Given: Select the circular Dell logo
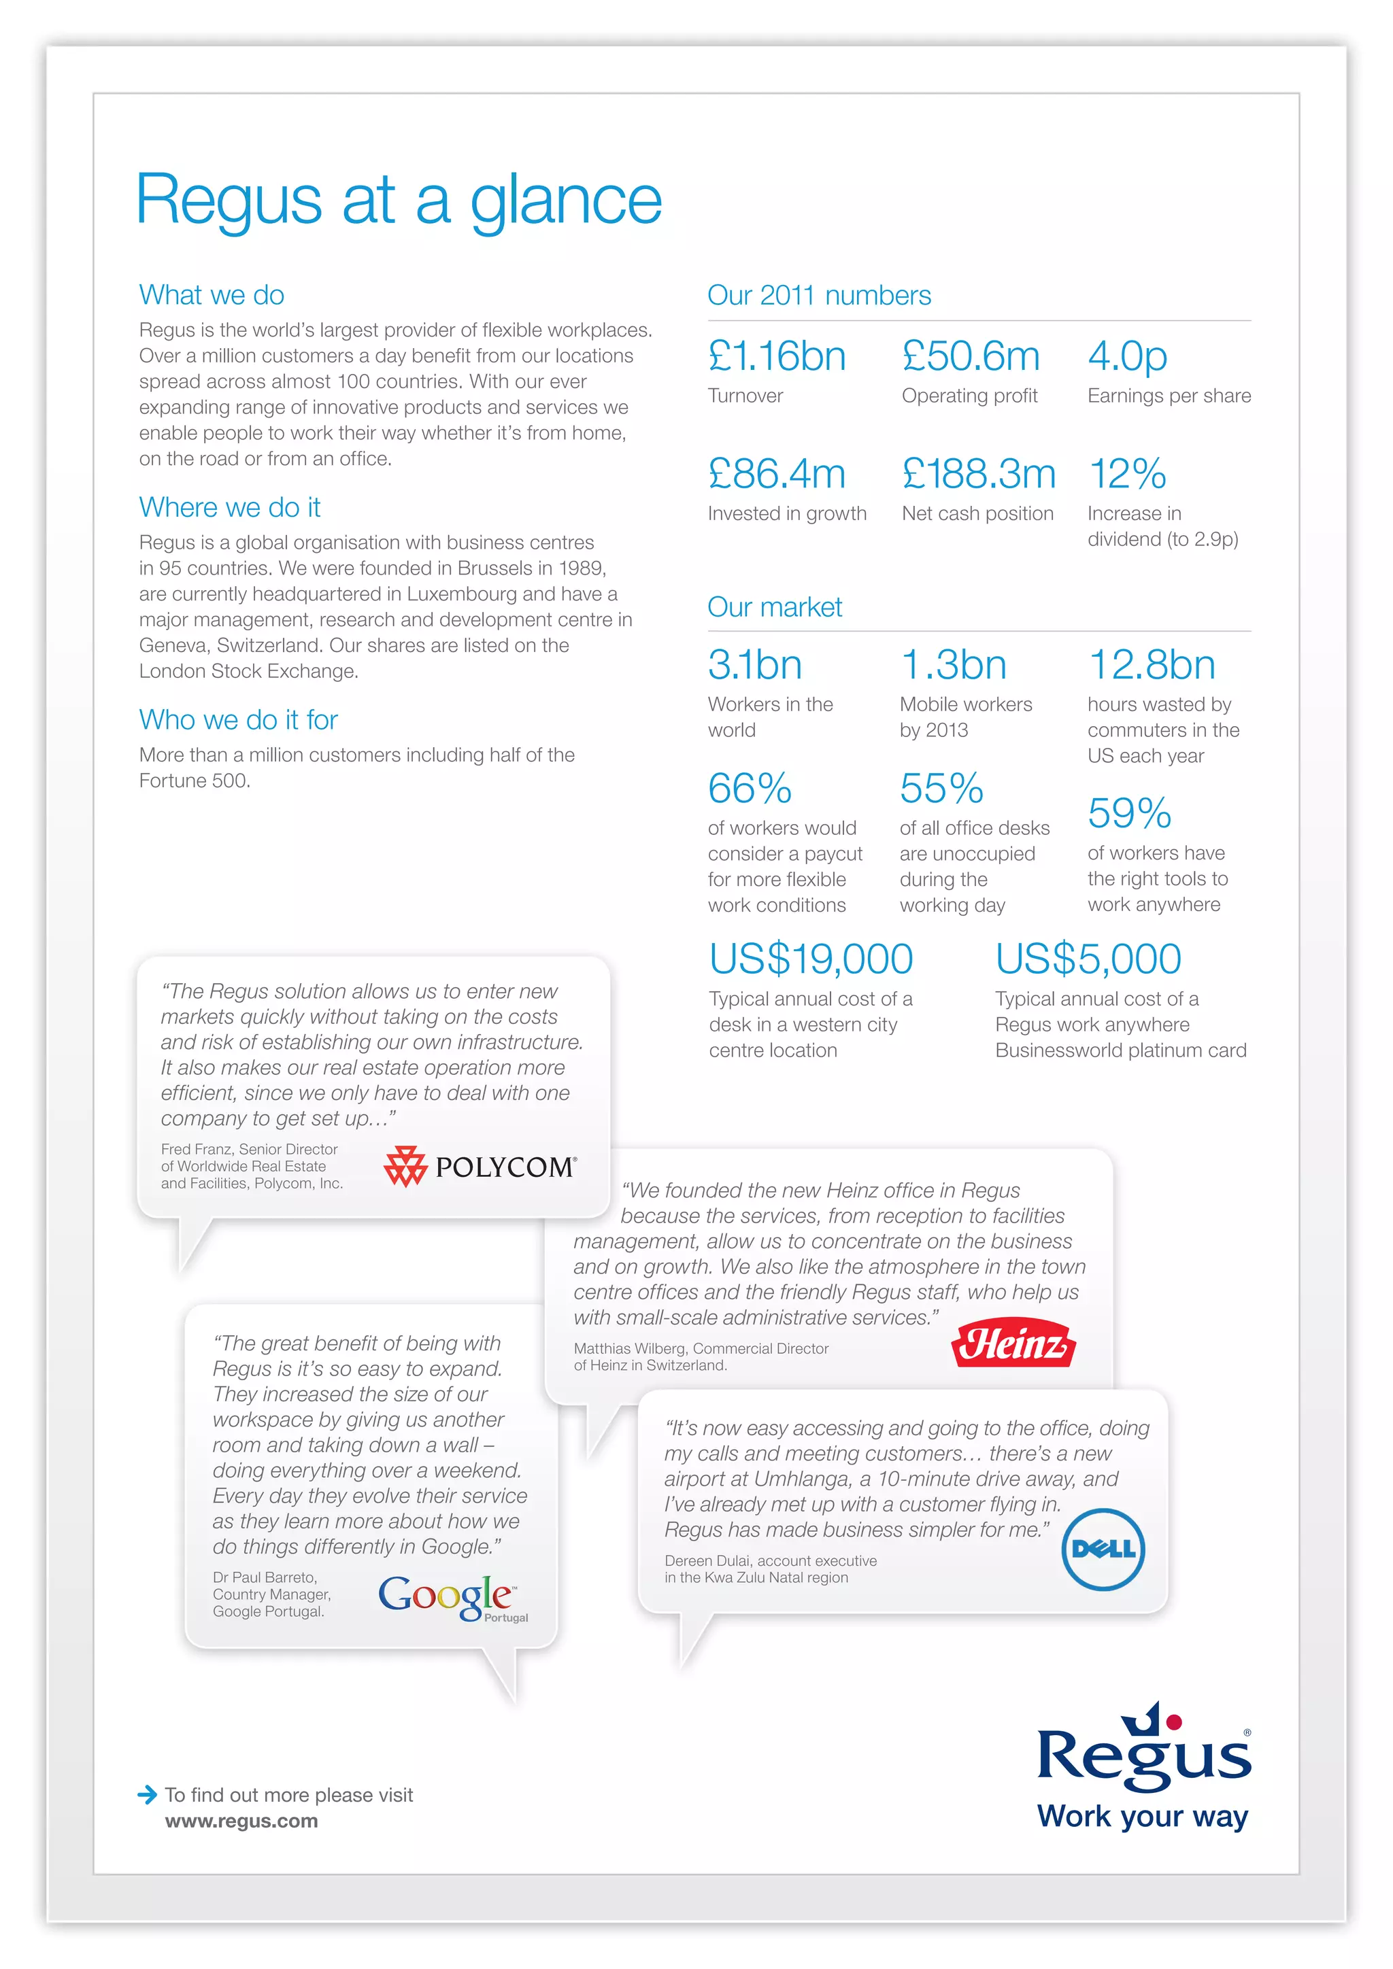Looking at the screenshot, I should click(x=1103, y=1549).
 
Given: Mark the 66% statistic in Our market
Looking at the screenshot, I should click(x=749, y=788).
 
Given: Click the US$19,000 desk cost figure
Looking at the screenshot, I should click(x=811, y=959).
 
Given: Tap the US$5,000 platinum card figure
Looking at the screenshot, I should click(x=1088, y=959).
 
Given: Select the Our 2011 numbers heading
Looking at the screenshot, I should click(x=818, y=295).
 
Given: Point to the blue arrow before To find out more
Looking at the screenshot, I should click(x=148, y=1794).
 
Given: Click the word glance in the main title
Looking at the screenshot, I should click(x=566, y=201).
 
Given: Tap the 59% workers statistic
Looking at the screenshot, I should click(x=1129, y=813).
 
